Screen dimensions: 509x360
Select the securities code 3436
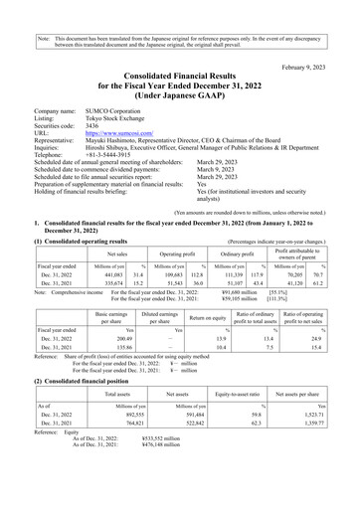tap(92, 123)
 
